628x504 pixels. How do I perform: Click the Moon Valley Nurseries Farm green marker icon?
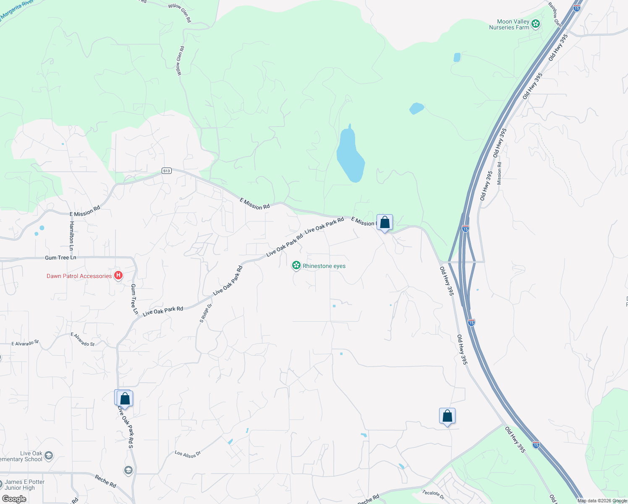pyautogui.click(x=535, y=24)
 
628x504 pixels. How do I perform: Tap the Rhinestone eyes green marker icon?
pyautogui.click(x=296, y=265)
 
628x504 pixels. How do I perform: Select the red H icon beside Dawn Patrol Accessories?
pyautogui.click(x=118, y=276)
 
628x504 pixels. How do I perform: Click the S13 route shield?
pyautogui.click(x=167, y=171)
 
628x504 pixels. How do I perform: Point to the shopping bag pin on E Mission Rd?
pyautogui.click(x=385, y=223)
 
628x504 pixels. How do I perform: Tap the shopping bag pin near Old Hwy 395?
pyautogui.click(x=447, y=416)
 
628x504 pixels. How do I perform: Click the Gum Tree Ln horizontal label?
pyautogui.click(x=61, y=257)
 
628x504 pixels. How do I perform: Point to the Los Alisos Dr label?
pyautogui.click(x=188, y=454)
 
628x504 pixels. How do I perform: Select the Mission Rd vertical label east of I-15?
pyautogui.click(x=499, y=173)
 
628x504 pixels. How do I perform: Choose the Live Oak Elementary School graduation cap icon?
pyautogui.click(x=49, y=456)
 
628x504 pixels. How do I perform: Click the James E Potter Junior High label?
pyautogui.click(x=24, y=485)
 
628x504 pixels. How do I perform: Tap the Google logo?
pyautogui.click(x=14, y=499)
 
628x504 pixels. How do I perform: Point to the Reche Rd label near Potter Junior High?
pyautogui.click(x=105, y=481)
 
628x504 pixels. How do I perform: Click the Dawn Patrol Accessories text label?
pyautogui.click(x=79, y=276)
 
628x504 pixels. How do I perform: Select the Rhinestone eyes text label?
pyautogui.click(x=324, y=266)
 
